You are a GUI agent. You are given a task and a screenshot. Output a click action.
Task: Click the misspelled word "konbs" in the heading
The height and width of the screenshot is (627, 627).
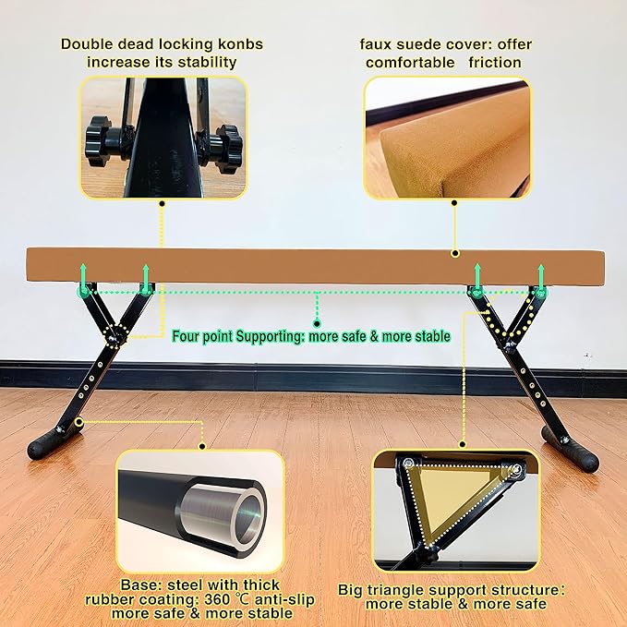pos(235,43)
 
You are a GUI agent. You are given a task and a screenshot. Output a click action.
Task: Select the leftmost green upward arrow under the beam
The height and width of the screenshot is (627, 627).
pos(82,275)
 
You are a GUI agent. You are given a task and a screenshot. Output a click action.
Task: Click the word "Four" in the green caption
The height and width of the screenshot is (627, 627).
pos(192,336)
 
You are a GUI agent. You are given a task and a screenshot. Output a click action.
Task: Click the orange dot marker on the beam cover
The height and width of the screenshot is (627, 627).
pos(453,252)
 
